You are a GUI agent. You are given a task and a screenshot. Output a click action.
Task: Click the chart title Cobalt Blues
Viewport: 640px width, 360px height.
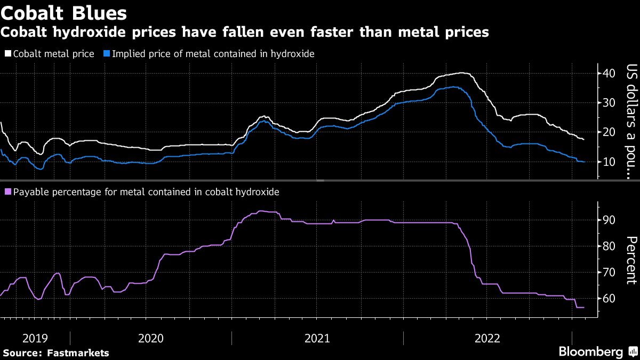(63, 12)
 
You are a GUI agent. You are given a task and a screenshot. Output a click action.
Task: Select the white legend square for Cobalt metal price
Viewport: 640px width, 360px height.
(7, 53)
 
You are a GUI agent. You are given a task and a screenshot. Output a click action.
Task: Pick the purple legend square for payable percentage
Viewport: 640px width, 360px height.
(7, 191)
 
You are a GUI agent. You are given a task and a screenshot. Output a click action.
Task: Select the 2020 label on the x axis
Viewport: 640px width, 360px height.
(151, 338)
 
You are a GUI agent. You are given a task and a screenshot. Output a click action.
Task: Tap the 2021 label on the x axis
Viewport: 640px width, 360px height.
(317, 338)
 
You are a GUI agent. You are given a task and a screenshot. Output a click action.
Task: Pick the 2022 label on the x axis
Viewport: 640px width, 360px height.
(487, 338)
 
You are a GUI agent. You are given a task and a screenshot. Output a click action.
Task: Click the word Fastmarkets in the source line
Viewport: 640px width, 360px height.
(78, 353)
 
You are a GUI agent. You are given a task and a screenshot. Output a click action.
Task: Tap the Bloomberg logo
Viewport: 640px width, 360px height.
(590, 352)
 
